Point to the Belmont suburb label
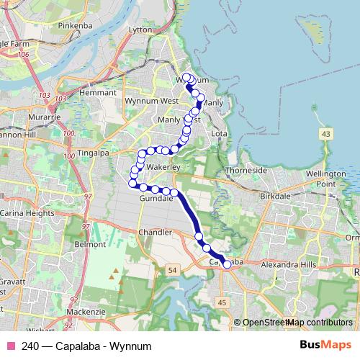click(90, 245)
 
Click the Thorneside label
click(246, 171)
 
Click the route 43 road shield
click(327, 134)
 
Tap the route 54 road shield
click(171, 269)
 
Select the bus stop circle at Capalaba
click(227, 265)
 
